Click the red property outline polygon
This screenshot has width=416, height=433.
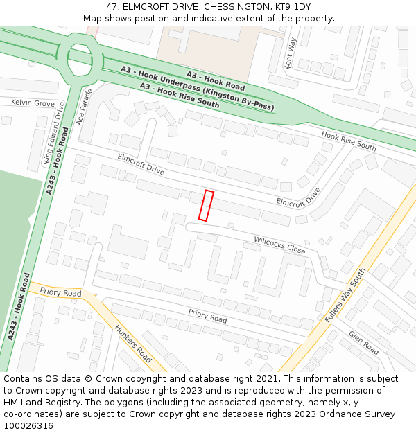pyautogui.click(x=206, y=205)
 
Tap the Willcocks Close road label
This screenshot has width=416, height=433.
pyautogui.click(x=279, y=244)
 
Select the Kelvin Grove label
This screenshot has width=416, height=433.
pyautogui.click(x=33, y=103)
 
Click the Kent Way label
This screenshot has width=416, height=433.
pyautogui.click(x=292, y=53)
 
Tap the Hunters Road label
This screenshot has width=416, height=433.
pyautogui.click(x=133, y=344)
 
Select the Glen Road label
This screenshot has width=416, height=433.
pyautogui.click(x=364, y=342)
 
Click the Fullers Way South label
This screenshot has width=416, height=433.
pyautogui.click(x=345, y=295)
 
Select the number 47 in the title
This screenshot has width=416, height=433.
pyautogui.click(x=112, y=7)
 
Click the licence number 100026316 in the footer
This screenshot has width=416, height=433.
pyautogui.click(x=28, y=425)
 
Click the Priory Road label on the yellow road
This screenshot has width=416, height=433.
pyautogui.click(x=60, y=292)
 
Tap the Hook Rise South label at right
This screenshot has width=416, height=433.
pyautogui.click(x=349, y=142)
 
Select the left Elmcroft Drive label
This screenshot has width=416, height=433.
pyautogui.click(x=141, y=164)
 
